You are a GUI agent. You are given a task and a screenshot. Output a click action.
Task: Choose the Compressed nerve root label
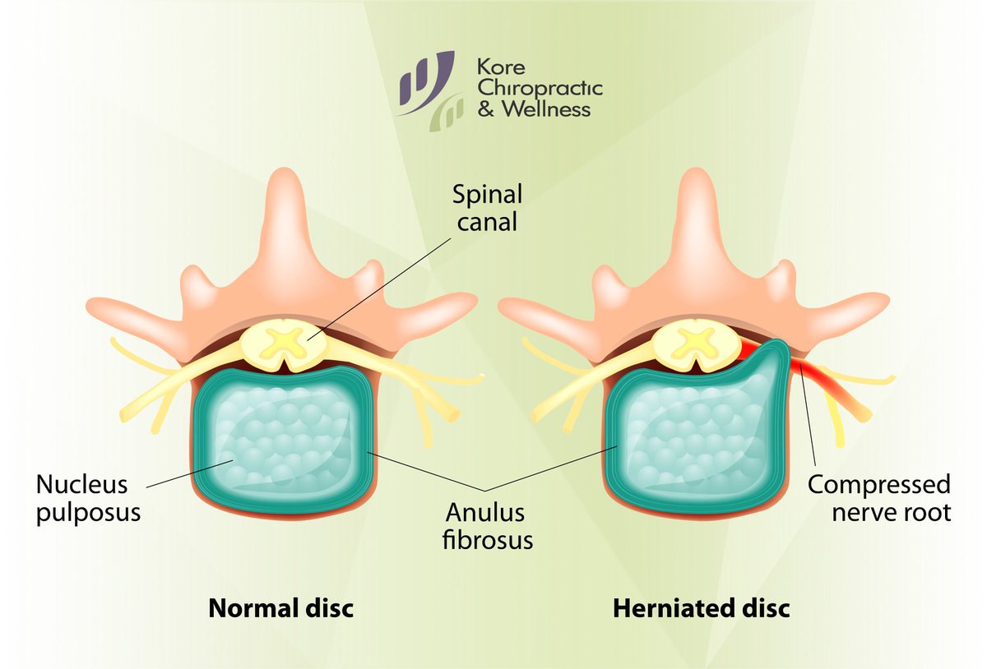pyautogui.click(x=878, y=498)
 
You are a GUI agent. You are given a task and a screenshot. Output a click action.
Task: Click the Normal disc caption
pyautogui.click(x=280, y=609)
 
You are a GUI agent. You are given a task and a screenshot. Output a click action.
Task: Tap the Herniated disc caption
pyautogui.click(x=701, y=609)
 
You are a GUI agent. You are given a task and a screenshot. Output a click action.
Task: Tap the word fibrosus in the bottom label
pyautogui.click(x=489, y=540)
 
